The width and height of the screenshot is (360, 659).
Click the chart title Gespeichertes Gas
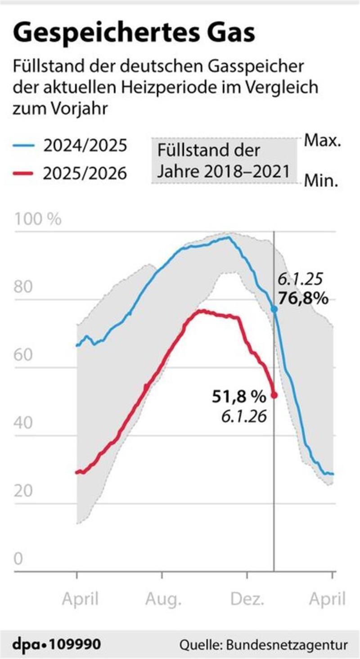[134, 34]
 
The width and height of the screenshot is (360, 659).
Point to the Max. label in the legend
[322, 141]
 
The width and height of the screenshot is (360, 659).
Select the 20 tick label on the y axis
[25, 491]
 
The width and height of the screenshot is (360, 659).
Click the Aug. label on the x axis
[163, 599]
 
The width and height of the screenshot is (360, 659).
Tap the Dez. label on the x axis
[247, 599]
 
